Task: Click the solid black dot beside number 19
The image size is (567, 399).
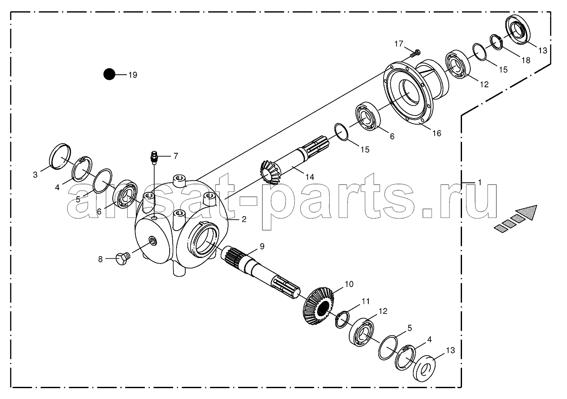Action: pyautogui.click(x=109, y=74)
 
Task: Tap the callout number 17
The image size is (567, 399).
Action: pyautogui.click(x=399, y=44)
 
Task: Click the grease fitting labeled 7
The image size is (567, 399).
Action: pyautogui.click(x=154, y=157)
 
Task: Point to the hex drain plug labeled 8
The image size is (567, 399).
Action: pyautogui.click(x=122, y=259)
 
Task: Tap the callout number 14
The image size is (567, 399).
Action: pyautogui.click(x=310, y=177)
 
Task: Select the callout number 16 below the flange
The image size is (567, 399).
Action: pyautogui.click(x=437, y=133)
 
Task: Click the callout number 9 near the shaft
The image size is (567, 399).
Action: pyautogui.click(x=262, y=246)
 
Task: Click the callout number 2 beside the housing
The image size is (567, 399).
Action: pyautogui.click(x=244, y=219)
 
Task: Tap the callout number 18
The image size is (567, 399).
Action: pyautogui.click(x=526, y=60)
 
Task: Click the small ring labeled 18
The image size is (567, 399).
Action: pyautogui.click(x=497, y=42)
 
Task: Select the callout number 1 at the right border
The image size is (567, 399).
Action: pyautogui.click(x=479, y=182)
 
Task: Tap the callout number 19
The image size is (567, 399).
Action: pyautogui.click(x=133, y=75)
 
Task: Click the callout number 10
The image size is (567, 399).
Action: pyautogui.click(x=349, y=284)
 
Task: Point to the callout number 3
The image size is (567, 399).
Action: pyautogui.click(x=35, y=175)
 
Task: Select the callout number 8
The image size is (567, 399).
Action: pyautogui.click(x=101, y=259)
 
